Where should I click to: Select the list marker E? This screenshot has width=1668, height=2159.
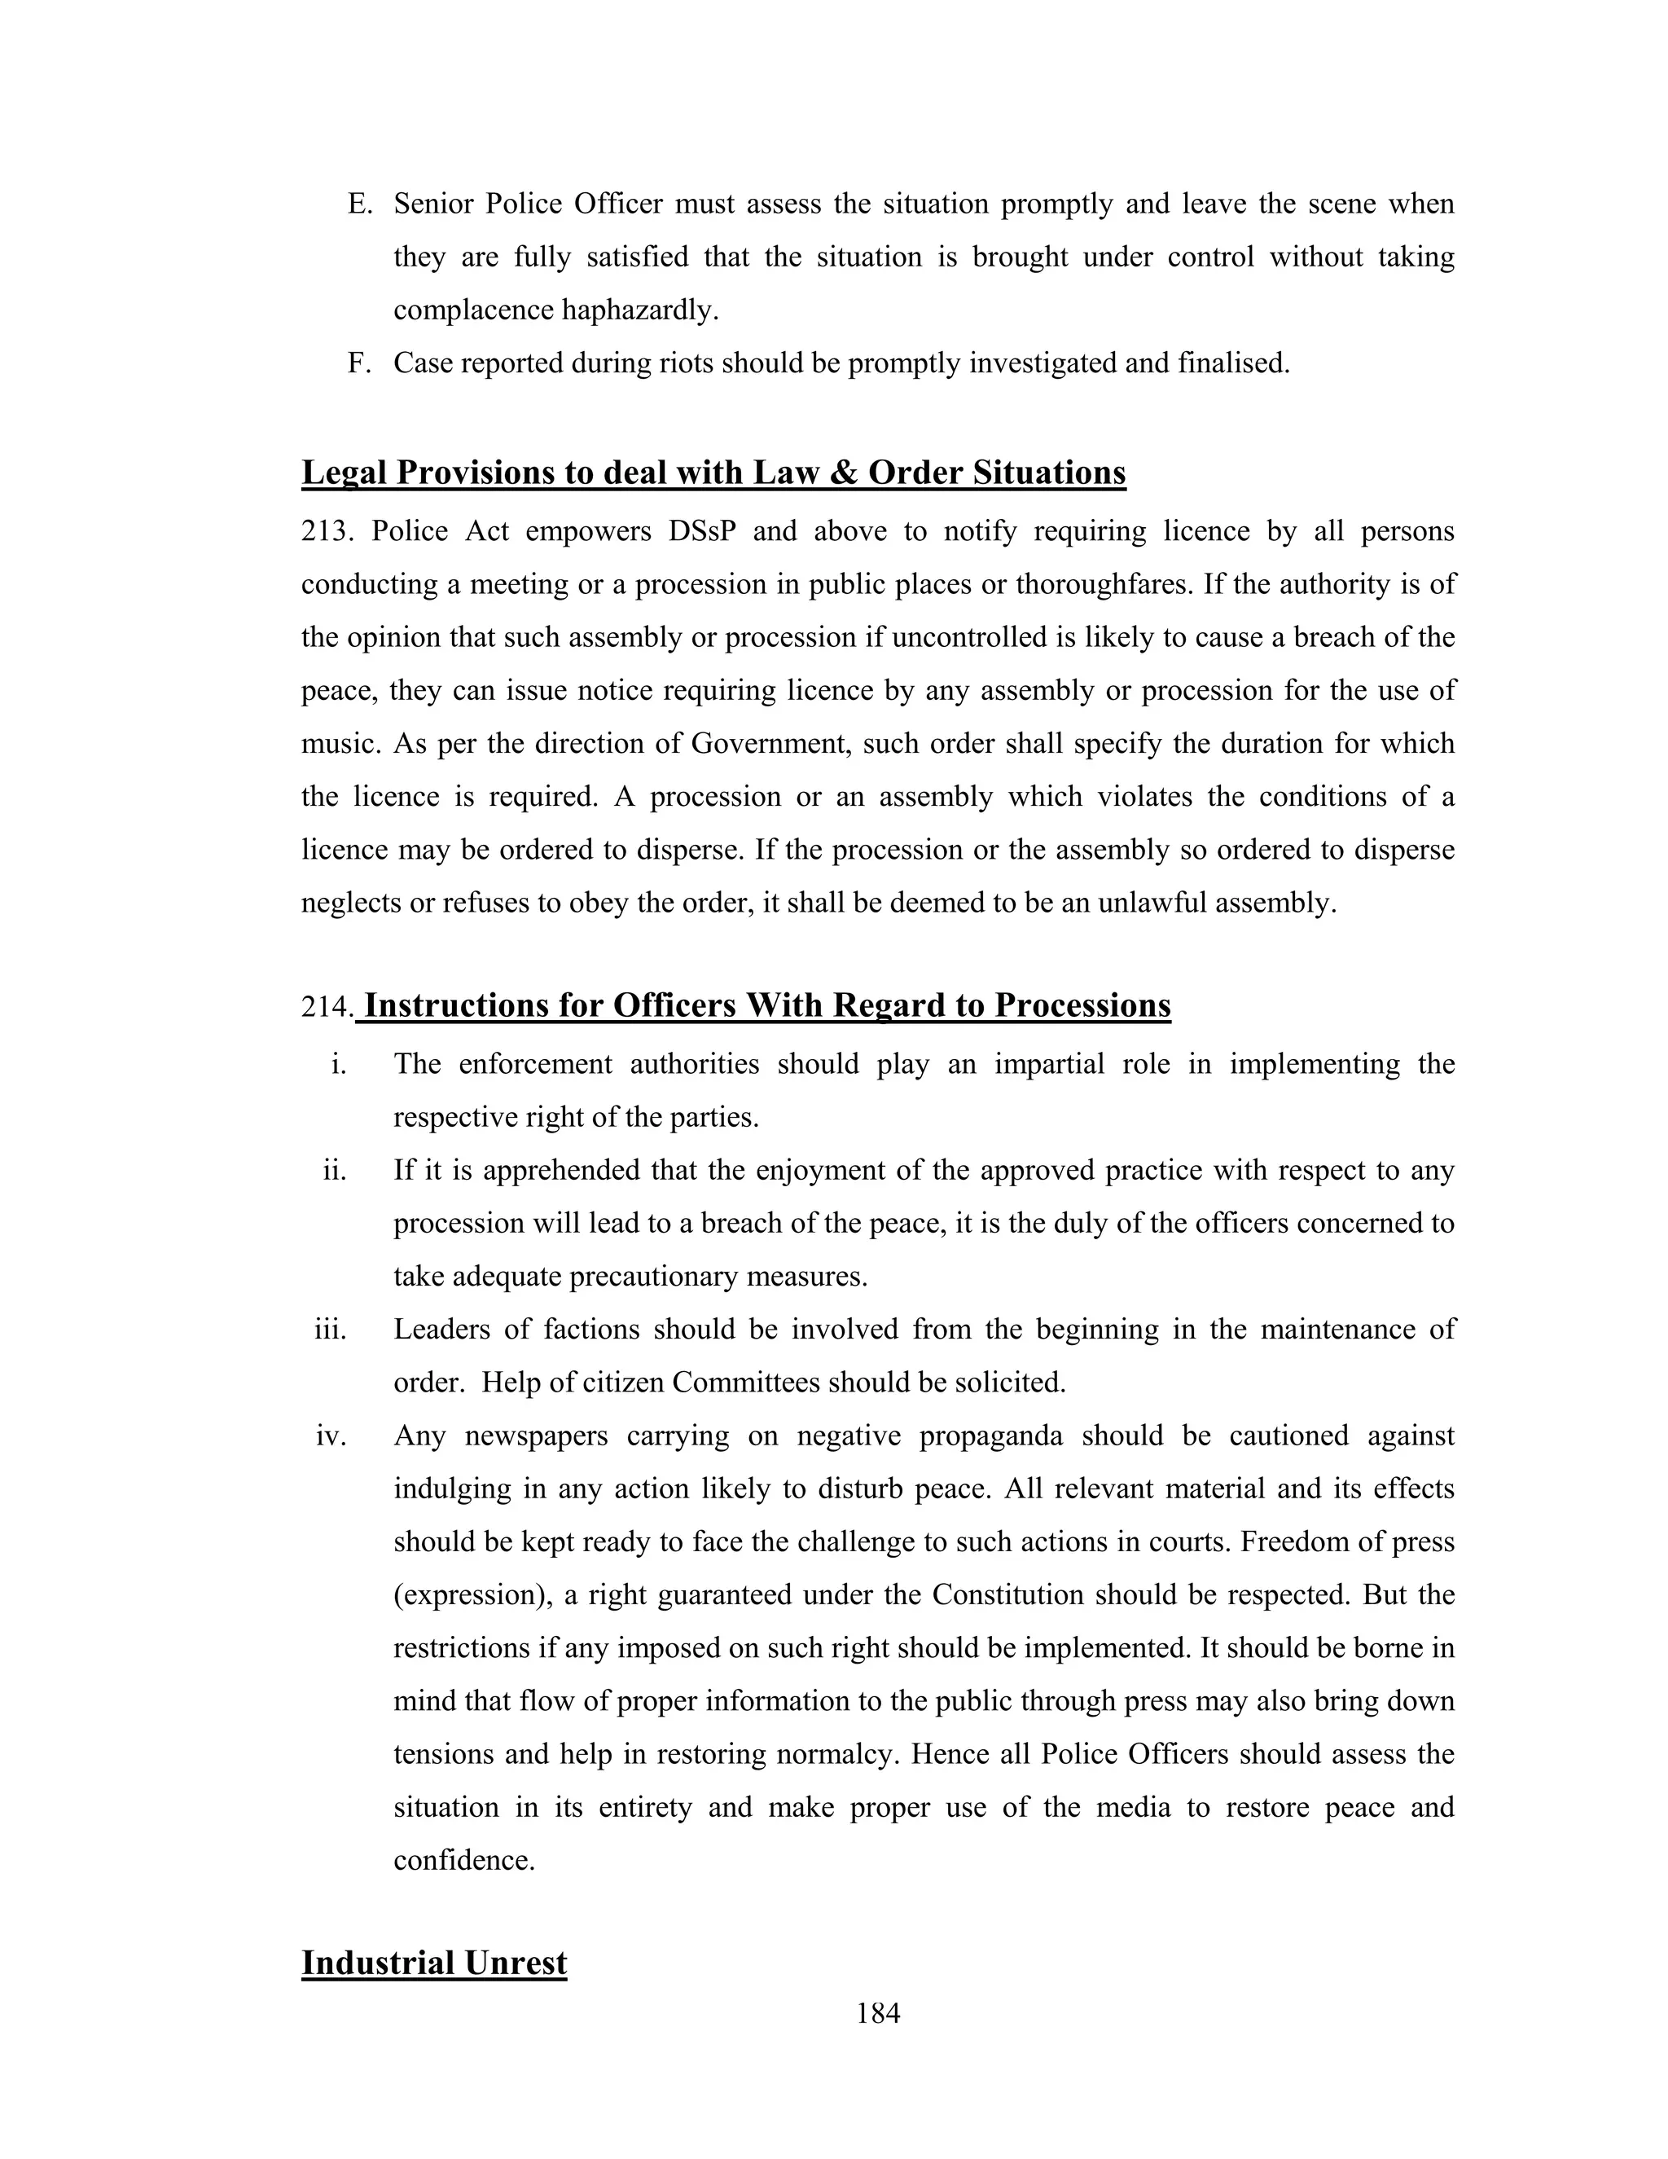tap(360, 204)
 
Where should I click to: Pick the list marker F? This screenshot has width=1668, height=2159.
tap(360, 364)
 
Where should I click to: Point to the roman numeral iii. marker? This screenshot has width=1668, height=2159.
tap(331, 1329)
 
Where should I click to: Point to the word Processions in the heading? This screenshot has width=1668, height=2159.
tap(1082, 1005)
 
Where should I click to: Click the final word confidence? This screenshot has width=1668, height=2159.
tap(463, 1861)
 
